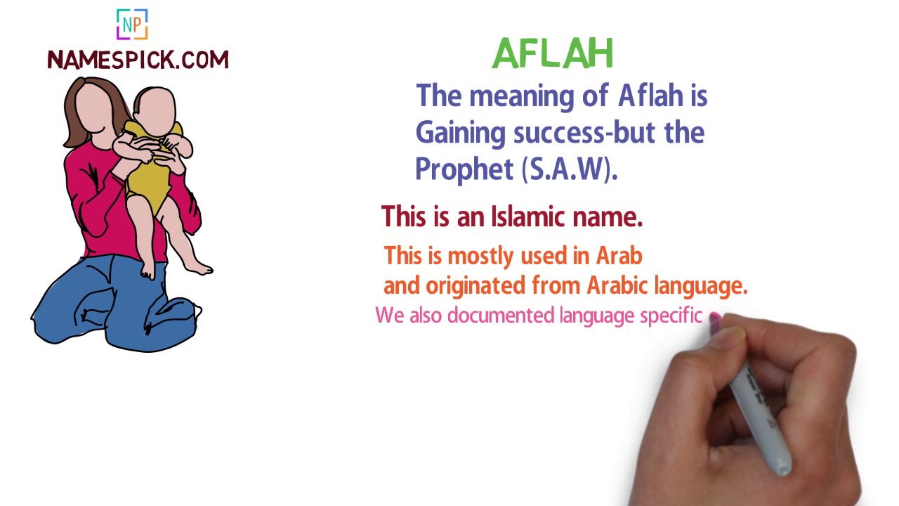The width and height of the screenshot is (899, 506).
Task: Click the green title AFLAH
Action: (x=553, y=53)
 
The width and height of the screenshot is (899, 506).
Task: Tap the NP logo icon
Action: (x=132, y=25)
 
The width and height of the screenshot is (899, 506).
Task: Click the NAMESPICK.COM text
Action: (x=138, y=60)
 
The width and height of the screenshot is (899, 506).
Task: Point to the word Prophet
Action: (x=465, y=169)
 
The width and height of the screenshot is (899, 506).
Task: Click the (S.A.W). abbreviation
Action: (x=570, y=169)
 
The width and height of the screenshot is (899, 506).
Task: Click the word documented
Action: (x=501, y=316)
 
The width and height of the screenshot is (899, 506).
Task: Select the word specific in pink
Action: (x=671, y=316)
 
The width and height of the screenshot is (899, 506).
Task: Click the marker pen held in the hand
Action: (x=762, y=415)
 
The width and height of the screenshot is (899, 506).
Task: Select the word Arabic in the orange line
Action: (x=618, y=285)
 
